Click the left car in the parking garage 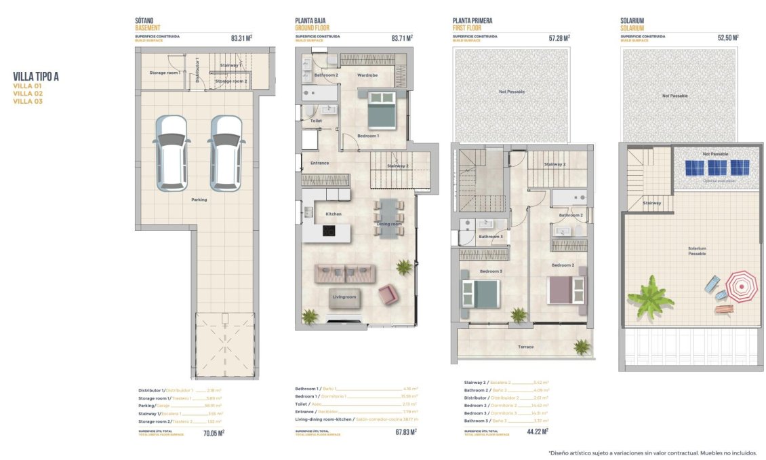coord(170,153)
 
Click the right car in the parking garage coord(225,153)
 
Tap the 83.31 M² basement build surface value coord(241,39)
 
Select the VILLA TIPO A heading coord(36,77)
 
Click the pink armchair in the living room coord(388,294)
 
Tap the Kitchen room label coord(333,214)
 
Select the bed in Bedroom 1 coord(381,109)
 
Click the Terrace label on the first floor coord(526,347)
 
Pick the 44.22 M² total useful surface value coord(536,431)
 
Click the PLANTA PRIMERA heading coord(472,21)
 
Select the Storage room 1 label coord(165,72)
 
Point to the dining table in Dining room coord(390,218)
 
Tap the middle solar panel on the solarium coord(714,167)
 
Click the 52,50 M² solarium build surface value coord(727,39)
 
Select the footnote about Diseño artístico coord(651,453)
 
